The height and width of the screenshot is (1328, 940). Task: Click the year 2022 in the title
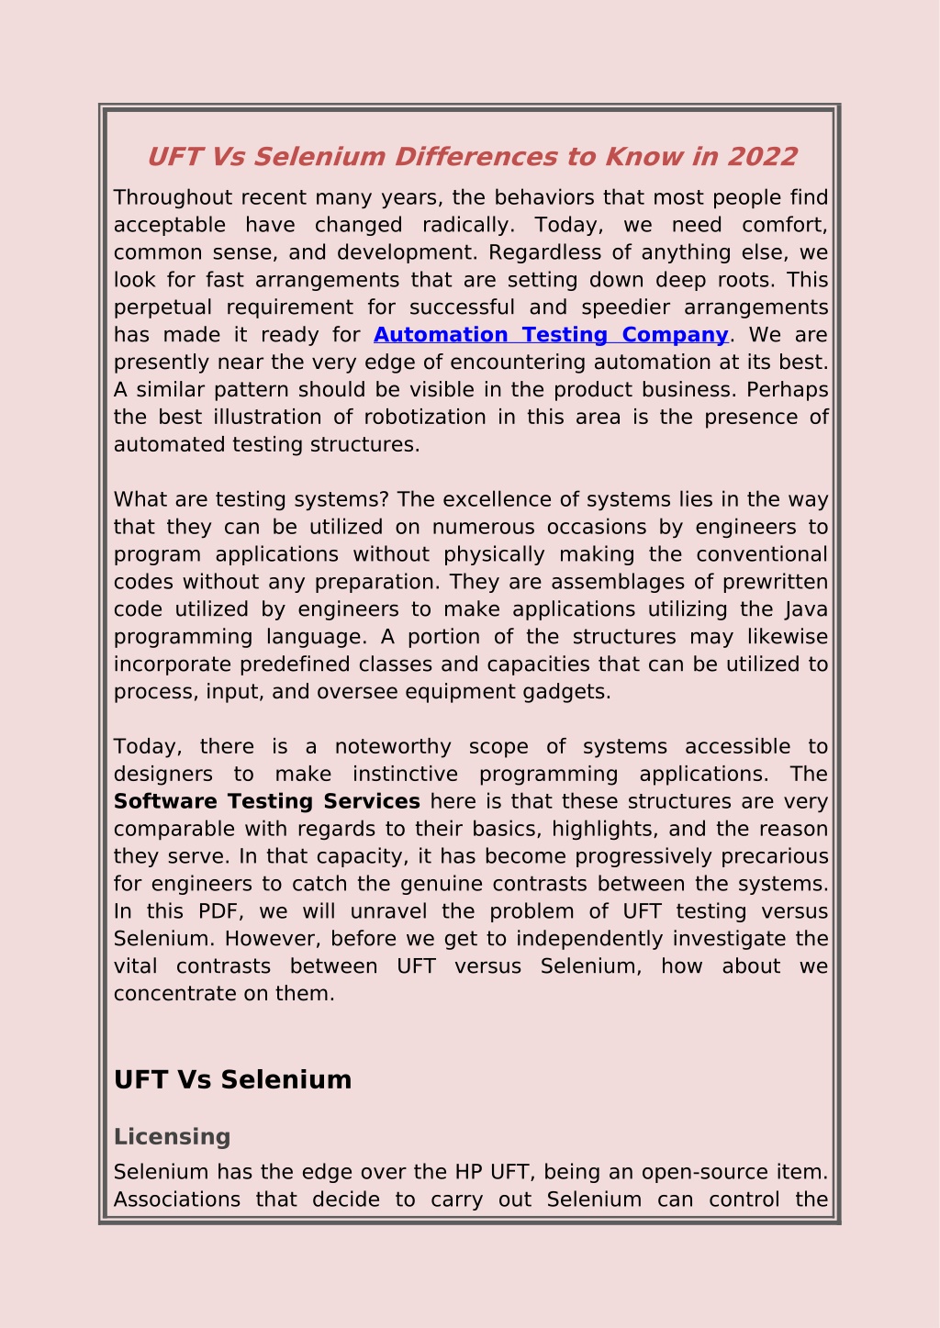point(762,157)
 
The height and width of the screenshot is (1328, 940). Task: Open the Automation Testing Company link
point(551,335)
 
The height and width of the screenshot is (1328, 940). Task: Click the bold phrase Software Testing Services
point(266,801)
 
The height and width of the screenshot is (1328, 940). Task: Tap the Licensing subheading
point(172,1136)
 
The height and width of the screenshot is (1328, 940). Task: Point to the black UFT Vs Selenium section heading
point(232,1079)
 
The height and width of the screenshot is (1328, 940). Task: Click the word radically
point(467,225)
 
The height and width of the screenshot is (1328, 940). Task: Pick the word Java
point(807,609)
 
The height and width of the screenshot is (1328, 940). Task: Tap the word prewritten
point(776,582)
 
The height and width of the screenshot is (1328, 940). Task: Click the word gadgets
point(573,692)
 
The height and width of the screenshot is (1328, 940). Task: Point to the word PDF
point(218,911)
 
